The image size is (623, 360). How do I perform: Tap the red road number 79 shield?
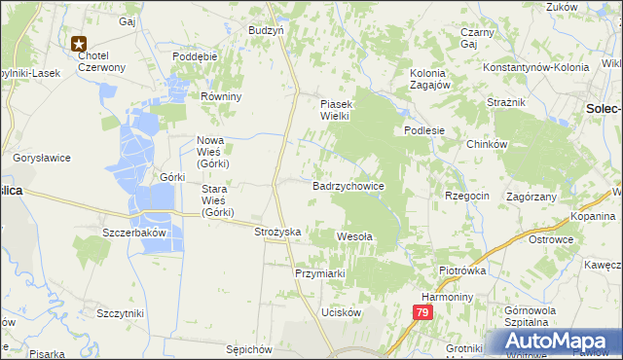421,312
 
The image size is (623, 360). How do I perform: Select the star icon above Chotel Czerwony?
80,43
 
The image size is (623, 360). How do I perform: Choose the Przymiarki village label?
320,273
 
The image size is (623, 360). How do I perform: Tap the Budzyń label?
266,30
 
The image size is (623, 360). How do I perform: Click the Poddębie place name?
194,56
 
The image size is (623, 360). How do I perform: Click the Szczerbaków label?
136,234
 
